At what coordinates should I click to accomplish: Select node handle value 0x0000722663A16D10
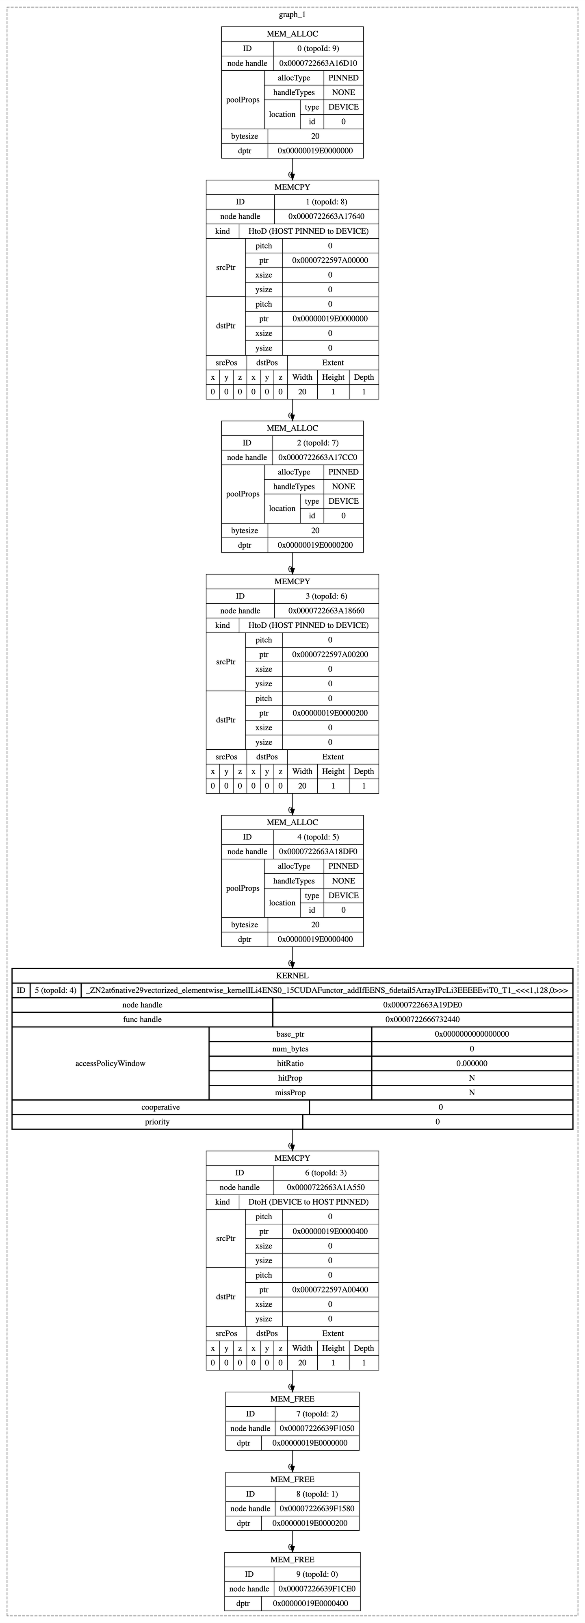coord(318,63)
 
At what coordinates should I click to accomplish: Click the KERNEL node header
coord(292,975)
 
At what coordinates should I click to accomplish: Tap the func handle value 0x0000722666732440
coord(422,1019)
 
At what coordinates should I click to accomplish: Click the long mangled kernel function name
coord(327,990)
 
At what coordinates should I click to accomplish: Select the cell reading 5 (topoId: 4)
coord(55,990)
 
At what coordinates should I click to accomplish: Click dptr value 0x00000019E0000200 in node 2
coord(316,545)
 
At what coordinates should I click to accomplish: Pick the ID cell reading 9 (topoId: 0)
coord(317,1574)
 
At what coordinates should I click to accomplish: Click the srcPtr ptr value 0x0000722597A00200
coord(330,655)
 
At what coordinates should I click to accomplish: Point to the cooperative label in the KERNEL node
coord(160,1107)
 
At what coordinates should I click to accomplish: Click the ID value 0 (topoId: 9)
coord(318,48)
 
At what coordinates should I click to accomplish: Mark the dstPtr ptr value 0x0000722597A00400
coord(330,1289)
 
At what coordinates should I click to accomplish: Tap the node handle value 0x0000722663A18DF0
coord(318,851)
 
